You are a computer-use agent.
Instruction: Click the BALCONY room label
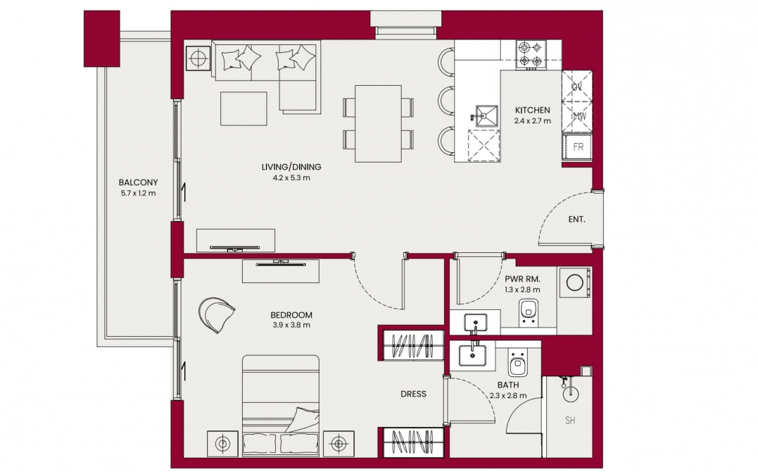click(138, 182)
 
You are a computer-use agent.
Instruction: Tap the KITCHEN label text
click(532, 110)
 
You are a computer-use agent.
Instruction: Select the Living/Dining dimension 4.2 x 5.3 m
click(291, 178)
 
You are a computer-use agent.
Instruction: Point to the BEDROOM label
click(291, 315)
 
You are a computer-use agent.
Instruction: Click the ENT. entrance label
click(576, 219)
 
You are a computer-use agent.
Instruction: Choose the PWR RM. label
click(522, 280)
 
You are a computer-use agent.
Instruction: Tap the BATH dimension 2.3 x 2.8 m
click(508, 395)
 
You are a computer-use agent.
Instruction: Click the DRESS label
click(413, 394)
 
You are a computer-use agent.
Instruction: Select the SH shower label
click(570, 421)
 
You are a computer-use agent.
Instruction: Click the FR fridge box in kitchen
click(578, 147)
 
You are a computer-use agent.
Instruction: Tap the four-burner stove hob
click(531, 54)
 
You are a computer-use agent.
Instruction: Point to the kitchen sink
click(486, 116)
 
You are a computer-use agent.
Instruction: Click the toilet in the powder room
click(528, 312)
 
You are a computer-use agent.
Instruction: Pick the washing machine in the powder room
click(574, 282)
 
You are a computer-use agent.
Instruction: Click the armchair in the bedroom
click(216, 314)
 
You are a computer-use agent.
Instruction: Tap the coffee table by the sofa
click(244, 109)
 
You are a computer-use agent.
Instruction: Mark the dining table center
click(378, 124)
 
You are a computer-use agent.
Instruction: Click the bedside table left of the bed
click(222, 443)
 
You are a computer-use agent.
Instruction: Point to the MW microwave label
click(578, 117)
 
